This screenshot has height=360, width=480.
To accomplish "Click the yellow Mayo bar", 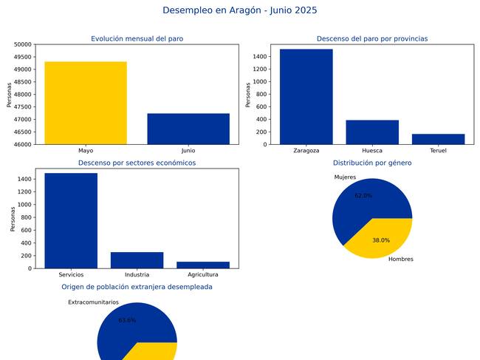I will point(86,103).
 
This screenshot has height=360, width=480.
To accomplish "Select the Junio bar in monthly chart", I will point(188,129).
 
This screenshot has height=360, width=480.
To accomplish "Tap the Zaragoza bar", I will point(306,97).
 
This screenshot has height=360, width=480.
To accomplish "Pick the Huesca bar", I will point(372,132).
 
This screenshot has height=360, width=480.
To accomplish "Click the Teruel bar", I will point(438,139).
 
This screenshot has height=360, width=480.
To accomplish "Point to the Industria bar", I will point(137,260).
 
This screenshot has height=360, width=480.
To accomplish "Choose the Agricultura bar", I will point(203,265).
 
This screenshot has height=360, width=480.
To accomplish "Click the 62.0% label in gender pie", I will point(363,196).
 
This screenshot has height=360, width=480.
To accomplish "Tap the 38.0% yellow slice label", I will point(381,240).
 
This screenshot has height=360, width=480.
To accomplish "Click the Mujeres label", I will point(345,177).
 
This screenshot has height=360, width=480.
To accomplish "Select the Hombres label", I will point(401,259).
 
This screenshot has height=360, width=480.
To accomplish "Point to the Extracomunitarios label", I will point(93,302).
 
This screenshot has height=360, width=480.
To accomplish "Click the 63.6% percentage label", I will point(127,320).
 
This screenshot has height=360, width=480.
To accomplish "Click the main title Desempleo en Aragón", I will point(240,10).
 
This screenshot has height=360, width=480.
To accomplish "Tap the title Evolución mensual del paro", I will point(137,38).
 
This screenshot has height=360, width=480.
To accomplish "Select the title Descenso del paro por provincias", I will point(372,38).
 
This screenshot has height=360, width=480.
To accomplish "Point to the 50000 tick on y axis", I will point(22,44).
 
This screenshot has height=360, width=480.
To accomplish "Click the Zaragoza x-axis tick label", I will point(306,150).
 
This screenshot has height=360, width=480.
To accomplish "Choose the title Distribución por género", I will point(372,163).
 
